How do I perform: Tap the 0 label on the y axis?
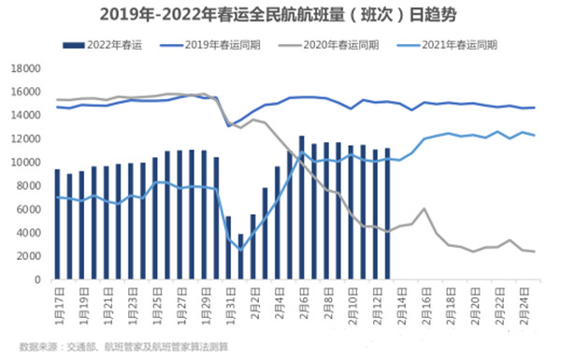click(36, 280)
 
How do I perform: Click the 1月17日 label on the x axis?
click(58, 301)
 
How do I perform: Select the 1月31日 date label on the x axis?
click(228, 301)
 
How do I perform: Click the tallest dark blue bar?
click(301, 208)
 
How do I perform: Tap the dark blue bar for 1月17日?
click(58, 224)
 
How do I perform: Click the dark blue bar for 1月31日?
click(228, 248)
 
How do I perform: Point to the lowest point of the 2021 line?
click(240, 250)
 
